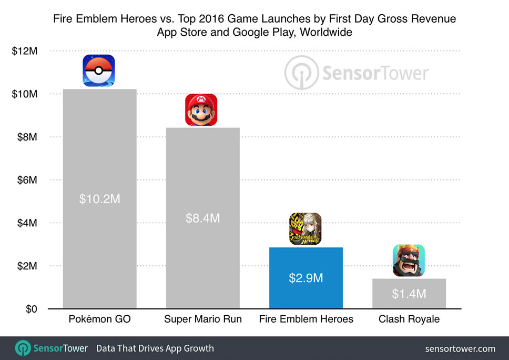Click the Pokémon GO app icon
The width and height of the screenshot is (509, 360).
tap(99, 71)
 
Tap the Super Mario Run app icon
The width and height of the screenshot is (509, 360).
tap(201, 110)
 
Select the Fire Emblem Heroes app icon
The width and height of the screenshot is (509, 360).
tap(305, 229)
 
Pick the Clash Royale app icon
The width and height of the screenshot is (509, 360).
tap(409, 261)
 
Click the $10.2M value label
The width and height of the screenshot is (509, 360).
tap(99, 199)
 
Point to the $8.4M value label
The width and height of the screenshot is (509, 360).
tap(202, 218)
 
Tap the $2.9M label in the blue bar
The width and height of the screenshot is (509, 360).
tap(306, 278)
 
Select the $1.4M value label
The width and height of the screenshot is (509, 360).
tap(409, 294)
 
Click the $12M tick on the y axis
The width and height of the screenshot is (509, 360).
tap(25, 51)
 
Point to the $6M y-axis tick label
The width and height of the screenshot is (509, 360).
tap(27, 180)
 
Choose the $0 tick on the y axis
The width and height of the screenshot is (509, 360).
tap(31, 309)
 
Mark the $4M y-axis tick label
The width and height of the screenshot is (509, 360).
tap(27, 223)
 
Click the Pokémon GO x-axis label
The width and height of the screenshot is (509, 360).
tap(99, 319)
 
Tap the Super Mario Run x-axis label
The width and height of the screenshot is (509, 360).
tap(202, 319)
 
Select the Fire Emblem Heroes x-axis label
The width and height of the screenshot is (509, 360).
tap(306, 319)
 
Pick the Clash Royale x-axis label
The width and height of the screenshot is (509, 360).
tap(409, 319)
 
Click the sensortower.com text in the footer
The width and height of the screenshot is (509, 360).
tap(460, 348)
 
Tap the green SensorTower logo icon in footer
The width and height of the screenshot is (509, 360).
tap(23, 348)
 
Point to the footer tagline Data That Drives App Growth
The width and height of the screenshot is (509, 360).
tap(155, 348)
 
